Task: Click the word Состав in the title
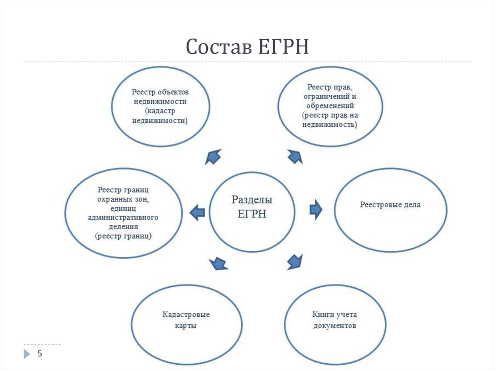(219, 46)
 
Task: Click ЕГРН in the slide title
(283, 46)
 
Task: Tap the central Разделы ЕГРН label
(252, 207)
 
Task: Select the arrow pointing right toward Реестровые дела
(316, 209)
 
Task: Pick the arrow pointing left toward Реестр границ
(197, 212)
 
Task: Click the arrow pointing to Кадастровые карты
(218, 263)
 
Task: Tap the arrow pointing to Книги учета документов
(295, 262)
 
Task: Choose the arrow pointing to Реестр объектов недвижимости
(213, 157)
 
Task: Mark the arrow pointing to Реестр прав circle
(295, 156)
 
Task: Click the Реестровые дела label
(390, 205)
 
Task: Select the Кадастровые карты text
(186, 320)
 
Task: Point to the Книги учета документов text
(335, 320)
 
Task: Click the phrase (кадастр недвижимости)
(160, 116)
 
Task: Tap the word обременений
(330, 106)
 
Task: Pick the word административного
(123, 217)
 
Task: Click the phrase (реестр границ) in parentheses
(123, 236)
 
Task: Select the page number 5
(40, 353)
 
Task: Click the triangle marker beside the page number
(27, 354)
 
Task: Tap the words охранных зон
(123, 199)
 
